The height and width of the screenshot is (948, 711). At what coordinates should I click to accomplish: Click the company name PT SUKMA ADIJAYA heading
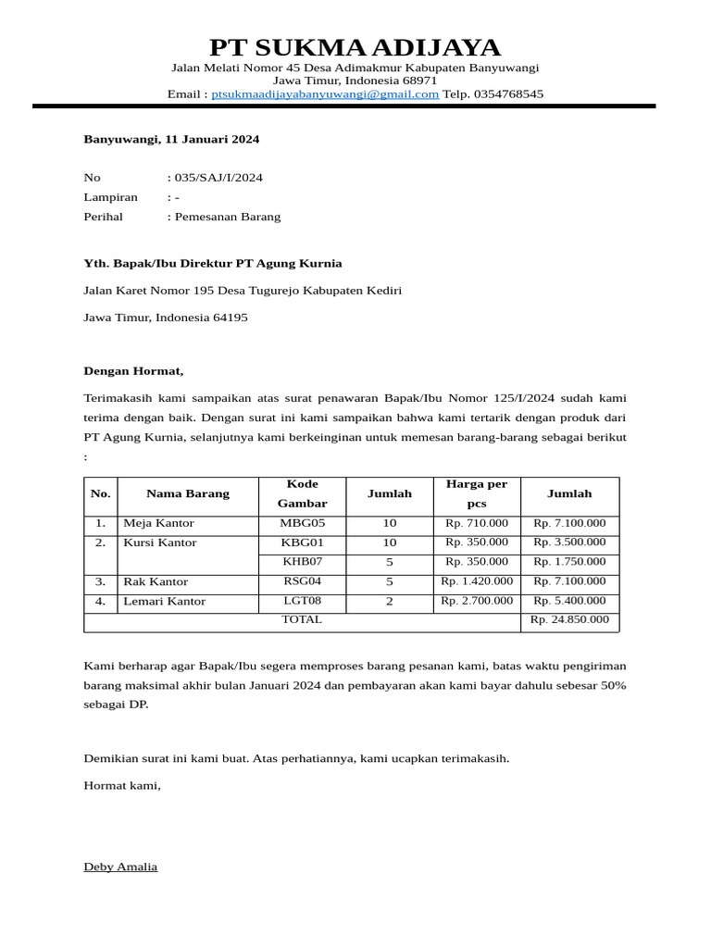355,47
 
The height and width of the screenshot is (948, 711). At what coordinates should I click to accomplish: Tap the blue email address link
325,94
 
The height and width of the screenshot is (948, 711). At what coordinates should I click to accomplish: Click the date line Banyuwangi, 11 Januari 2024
171,140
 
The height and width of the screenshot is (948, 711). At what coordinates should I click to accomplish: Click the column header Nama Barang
188,493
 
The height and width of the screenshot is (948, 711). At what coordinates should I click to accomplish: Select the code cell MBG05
302,523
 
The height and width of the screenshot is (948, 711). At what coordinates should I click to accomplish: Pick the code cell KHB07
302,562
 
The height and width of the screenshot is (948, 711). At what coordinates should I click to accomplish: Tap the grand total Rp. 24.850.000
569,619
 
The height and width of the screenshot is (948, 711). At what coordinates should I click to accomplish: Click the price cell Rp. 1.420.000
477,581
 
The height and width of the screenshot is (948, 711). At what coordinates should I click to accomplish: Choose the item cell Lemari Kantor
165,602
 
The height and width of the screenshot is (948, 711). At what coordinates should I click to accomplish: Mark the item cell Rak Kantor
156,582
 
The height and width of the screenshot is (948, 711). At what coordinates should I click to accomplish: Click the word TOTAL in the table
302,619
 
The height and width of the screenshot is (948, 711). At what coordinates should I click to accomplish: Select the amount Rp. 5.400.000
569,601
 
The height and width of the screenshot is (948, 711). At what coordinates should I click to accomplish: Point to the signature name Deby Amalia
120,867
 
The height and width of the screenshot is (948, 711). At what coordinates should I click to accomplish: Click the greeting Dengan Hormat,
134,371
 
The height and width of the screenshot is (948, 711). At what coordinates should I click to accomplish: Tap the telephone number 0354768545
508,94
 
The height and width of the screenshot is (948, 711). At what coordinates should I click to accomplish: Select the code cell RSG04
302,581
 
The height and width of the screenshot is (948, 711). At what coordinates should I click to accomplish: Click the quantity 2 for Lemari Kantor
390,602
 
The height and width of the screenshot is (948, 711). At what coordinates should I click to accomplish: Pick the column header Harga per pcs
477,493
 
